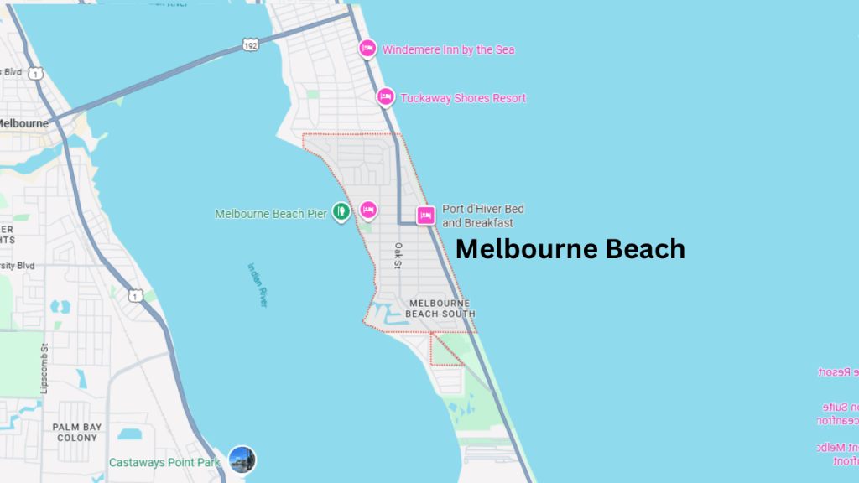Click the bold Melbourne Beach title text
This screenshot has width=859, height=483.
coord(570,249)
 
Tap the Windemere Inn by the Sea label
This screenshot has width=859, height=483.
coord(448,49)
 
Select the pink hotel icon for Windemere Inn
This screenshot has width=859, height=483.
coord(367,49)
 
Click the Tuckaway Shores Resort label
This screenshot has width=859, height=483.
coord(463,98)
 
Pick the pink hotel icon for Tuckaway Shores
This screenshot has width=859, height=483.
coord(385,97)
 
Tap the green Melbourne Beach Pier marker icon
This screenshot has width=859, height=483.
coord(341,210)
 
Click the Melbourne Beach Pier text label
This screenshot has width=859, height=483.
coord(270,214)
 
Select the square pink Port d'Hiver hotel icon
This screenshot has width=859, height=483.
coord(425,216)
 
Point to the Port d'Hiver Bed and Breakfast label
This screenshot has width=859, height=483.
coord(477,216)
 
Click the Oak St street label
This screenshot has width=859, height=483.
coord(398,257)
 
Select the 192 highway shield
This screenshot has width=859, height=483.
coord(248,44)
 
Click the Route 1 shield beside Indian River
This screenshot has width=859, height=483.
coord(136,295)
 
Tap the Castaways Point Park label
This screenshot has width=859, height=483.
coord(164,462)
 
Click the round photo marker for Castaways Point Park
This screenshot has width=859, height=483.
coord(242,460)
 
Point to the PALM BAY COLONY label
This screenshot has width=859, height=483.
coord(77,432)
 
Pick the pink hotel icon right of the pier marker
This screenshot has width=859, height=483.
coord(367,210)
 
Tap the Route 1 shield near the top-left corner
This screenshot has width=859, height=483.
coord(35,74)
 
